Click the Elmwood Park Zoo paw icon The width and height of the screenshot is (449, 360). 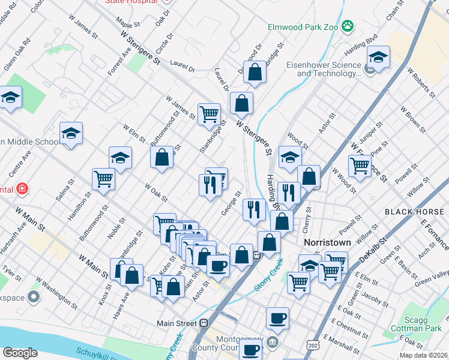coord(348,26)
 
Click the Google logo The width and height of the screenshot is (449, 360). coord(20,353)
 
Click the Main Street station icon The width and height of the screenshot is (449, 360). coord(204,323)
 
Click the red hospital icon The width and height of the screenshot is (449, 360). coord(22,189)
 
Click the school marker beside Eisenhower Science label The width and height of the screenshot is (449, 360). coord(378,59)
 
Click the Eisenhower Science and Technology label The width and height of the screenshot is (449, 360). coord(327,70)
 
